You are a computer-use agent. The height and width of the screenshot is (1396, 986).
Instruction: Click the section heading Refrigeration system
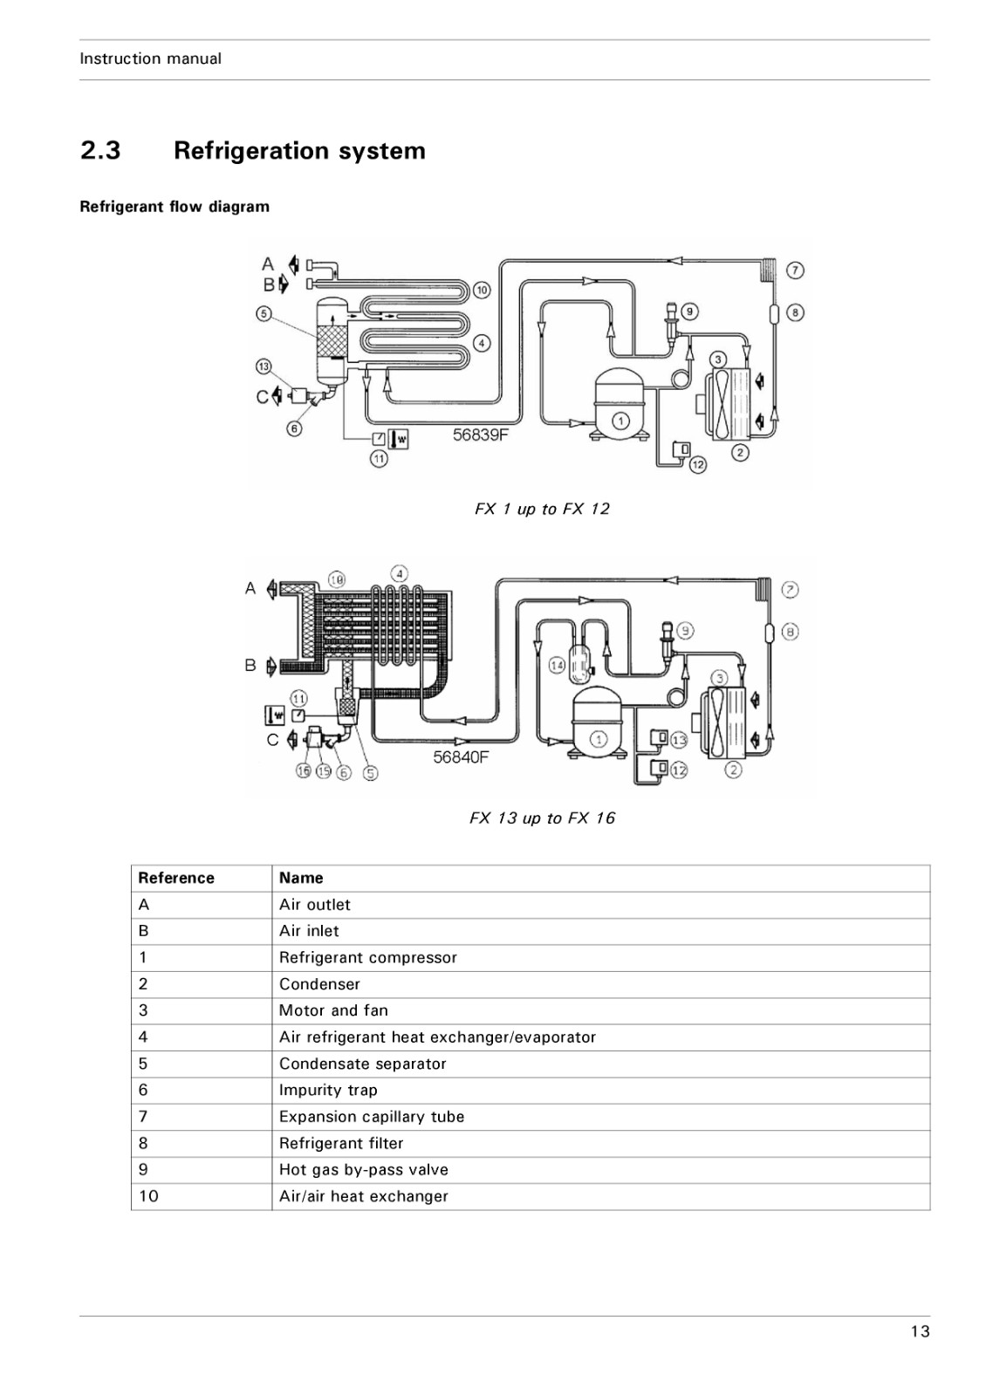[299, 151]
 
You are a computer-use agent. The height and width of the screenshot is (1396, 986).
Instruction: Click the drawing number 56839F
[481, 435]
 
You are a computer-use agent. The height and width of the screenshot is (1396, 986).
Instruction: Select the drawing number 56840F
[462, 757]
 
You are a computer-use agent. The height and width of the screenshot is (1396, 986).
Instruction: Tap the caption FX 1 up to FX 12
[542, 510]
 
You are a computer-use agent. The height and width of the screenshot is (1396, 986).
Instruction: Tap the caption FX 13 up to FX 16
[542, 818]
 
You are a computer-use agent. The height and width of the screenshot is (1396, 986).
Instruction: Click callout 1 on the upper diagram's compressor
[620, 422]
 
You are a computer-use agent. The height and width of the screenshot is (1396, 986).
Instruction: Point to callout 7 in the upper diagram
[795, 270]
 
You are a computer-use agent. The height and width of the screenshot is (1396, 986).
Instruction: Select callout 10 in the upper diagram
[481, 290]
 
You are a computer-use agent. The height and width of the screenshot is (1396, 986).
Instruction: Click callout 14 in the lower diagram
[557, 666]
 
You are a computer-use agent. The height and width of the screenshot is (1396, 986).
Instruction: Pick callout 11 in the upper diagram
[379, 459]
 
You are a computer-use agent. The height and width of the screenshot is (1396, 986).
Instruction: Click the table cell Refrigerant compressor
[367, 958]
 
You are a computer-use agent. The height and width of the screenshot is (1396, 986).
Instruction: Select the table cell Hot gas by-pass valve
[363, 1170]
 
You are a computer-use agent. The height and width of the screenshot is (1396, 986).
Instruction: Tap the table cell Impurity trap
[328, 1090]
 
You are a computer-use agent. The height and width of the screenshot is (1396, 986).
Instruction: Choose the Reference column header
[175, 878]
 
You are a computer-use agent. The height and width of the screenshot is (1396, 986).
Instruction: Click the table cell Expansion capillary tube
[372, 1117]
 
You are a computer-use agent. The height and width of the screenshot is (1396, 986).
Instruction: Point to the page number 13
[920, 1331]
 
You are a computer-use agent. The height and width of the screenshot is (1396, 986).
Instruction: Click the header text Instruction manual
[150, 58]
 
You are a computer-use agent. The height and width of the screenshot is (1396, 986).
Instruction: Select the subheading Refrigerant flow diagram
[175, 207]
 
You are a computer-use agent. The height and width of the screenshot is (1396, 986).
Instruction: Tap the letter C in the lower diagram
[272, 740]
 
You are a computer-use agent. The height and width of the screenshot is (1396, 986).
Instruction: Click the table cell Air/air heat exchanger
[363, 1196]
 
